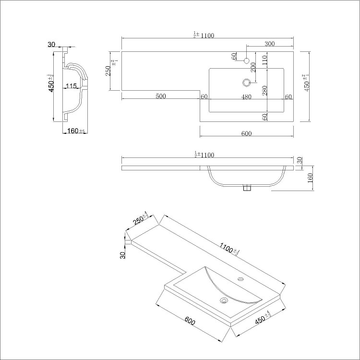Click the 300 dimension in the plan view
(x=269, y=44)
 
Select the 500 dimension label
(x=160, y=96)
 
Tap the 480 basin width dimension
(x=246, y=96)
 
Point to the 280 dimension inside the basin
(x=264, y=90)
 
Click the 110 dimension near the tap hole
(x=264, y=60)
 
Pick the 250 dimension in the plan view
(x=108, y=71)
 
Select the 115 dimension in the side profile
(x=72, y=86)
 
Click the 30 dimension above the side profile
(x=51, y=45)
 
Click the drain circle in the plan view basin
(x=247, y=82)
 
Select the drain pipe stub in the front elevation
(x=247, y=188)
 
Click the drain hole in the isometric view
(x=223, y=301)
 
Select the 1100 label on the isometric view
(x=228, y=249)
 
